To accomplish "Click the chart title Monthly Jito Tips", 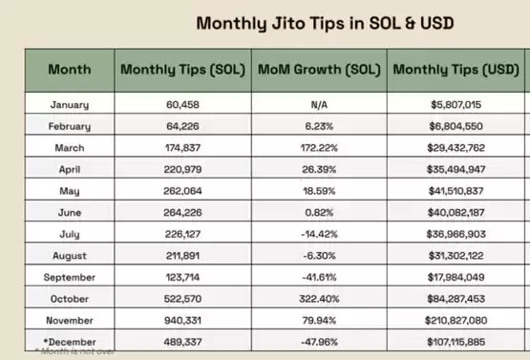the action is [325, 24].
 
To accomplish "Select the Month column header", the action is [70, 70].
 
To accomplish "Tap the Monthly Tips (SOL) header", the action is [182, 70].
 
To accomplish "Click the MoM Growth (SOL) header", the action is [319, 70].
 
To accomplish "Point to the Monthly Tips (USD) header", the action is [456, 70].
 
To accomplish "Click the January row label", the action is [70, 105].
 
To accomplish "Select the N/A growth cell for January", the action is [319, 105].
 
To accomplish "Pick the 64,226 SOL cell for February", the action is [182, 126].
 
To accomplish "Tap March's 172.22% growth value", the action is [319, 148].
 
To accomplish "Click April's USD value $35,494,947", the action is [456, 169].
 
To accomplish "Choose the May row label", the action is [70, 191].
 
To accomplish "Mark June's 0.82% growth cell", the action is [319, 213].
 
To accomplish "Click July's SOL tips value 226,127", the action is [182, 234].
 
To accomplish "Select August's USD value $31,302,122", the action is [456, 256].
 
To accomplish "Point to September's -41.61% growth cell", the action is [319, 278].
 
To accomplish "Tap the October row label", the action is [70, 299].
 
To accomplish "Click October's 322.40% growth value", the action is [319, 299].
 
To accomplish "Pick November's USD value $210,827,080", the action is [456, 321].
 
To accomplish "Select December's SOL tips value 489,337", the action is [182, 342].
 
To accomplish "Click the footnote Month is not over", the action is [75, 351].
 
